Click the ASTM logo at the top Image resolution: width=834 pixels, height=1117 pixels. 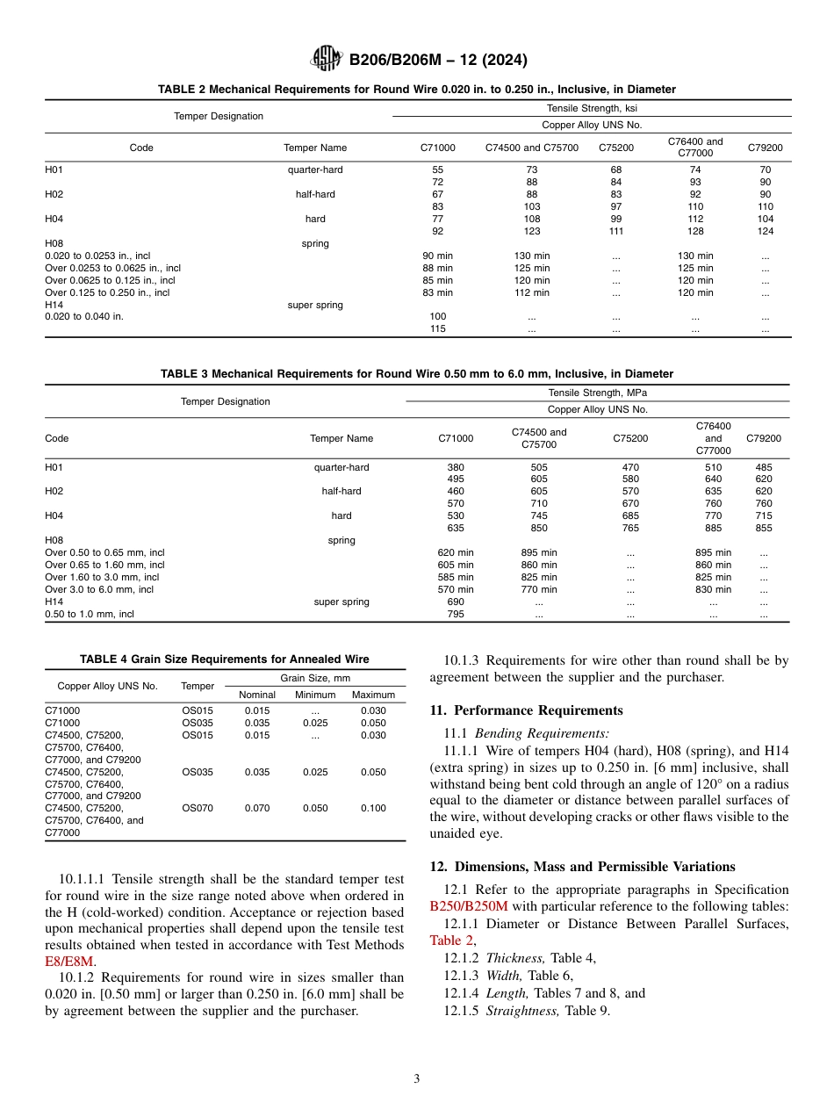pyautogui.click(x=327, y=60)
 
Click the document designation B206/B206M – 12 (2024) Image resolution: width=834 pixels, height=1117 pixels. pyautogui.click(x=437, y=61)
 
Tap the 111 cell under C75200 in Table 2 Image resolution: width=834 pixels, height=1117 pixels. pyautogui.click(x=615, y=231)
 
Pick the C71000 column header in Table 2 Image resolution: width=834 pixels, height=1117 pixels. pyautogui.click(x=438, y=148)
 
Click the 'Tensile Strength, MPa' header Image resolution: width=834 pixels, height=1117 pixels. pyautogui.click(x=597, y=393)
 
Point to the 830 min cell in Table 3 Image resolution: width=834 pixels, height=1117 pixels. pyautogui.click(x=713, y=589)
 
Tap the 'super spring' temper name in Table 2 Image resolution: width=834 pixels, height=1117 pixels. pyautogui.click(x=315, y=305)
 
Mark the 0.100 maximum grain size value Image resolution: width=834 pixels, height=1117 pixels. pyautogui.click(x=373, y=808)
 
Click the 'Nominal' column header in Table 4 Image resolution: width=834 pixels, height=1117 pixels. pyautogui.click(x=257, y=695)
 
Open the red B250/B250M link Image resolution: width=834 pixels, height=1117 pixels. pyautogui.click(x=469, y=905)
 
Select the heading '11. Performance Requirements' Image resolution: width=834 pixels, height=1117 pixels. pyautogui.click(x=526, y=710)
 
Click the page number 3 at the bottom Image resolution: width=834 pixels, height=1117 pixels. pyautogui.click(x=417, y=1079)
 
